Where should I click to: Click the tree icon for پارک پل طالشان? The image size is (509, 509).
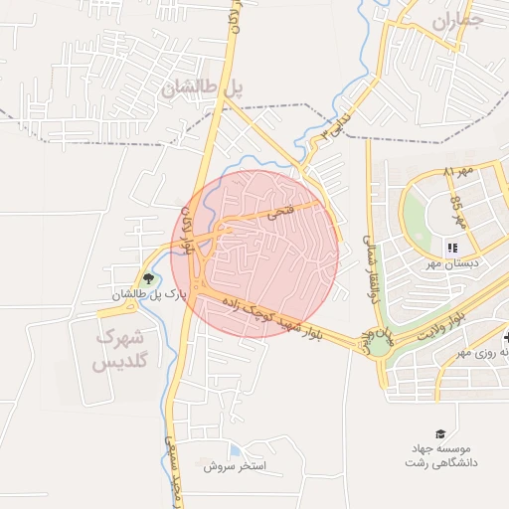[x=149, y=279]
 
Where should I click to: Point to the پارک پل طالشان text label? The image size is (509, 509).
[x=149, y=295]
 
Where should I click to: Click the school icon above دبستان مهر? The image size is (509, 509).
[x=452, y=248]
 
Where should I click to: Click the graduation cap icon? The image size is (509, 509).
[x=440, y=432]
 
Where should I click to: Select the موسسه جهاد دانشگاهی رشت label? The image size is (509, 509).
[x=441, y=456]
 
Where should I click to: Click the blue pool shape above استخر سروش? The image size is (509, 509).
[x=235, y=449]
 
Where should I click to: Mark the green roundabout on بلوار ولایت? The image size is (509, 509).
[x=379, y=346]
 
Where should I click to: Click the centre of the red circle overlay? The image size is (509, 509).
[x=254, y=254]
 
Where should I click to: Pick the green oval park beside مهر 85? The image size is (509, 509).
[x=415, y=215]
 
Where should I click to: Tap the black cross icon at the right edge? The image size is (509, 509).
[x=505, y=337]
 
